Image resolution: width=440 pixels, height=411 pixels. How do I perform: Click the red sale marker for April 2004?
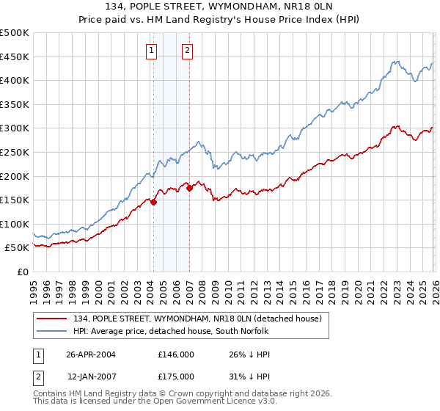154,203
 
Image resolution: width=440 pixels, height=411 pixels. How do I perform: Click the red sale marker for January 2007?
189,189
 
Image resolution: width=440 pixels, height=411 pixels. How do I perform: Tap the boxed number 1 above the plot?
151,51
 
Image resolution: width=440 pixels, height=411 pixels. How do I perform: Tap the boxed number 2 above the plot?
187,51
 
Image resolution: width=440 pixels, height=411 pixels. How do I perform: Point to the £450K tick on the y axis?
15,57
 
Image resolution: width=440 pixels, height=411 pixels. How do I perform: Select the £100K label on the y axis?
15,224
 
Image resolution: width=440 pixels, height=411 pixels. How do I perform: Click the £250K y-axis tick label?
15,153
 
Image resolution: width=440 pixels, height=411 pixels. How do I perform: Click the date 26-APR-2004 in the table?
92,354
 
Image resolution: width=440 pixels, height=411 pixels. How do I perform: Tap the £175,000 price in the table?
175,376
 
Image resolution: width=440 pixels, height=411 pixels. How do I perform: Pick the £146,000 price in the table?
175,354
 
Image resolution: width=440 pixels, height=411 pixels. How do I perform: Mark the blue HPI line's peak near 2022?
395,62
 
